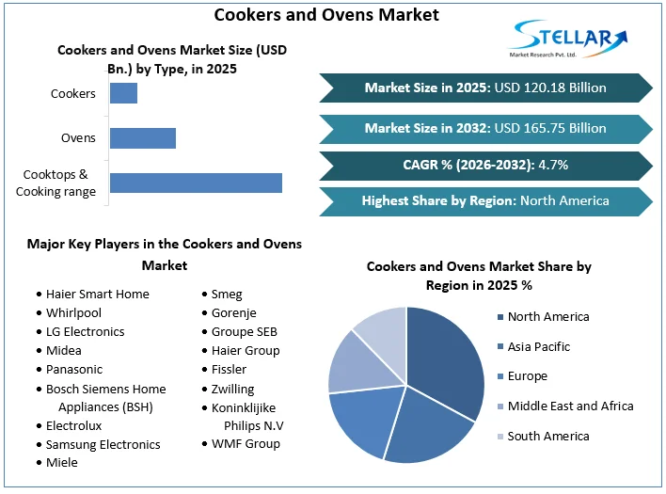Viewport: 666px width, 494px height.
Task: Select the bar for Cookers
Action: pos(123,93)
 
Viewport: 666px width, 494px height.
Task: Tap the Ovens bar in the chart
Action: pos(142,138)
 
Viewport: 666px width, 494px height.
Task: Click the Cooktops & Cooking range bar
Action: pos(196,183)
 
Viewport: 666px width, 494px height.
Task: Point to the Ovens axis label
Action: pos(78,138)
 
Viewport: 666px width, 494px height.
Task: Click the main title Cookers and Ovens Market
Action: pos(326,15)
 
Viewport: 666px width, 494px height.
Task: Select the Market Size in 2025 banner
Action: pos(485,88)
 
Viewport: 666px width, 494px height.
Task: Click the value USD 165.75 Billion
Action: pos(549,128)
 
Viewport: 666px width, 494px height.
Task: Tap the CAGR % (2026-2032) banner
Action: pos(485,165)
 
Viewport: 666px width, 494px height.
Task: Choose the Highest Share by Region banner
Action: pos(485,200)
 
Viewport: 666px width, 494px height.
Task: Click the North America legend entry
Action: pos(547,317)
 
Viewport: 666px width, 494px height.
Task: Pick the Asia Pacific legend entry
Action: pos(538,347)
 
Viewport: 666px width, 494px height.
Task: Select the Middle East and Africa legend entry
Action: pos(570,406)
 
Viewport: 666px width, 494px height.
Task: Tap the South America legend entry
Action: pos(547,437)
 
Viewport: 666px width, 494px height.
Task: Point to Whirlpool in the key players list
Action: pos(73,312)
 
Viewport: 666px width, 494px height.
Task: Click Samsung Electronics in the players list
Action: pos(103,444)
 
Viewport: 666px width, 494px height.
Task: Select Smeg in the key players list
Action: pos(226,294)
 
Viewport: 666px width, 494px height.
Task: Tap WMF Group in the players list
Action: pos(246,444)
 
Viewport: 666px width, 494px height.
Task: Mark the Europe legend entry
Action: pos(526,376)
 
